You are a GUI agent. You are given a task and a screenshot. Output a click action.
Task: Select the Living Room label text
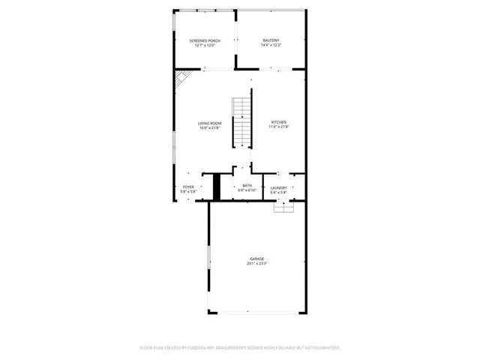tap(210, 123)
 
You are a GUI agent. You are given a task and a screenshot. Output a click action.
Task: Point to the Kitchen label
tap(278, 122)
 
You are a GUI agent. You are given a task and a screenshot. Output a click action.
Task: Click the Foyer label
tap(188, 187)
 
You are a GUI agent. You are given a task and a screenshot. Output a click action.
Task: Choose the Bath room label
tap(247, 185)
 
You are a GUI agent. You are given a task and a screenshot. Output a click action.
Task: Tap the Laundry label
tap(279, 187)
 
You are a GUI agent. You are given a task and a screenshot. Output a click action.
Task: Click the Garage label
tap(257, 259)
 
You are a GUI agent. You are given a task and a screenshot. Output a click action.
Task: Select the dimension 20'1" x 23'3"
tap(257, 264)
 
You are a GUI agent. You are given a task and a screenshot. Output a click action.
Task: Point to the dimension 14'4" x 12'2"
tap(271, 45)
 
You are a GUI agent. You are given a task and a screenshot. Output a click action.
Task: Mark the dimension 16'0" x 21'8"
tap(210, 128)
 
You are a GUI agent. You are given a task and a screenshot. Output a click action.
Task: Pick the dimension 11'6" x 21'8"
tap(278, 127)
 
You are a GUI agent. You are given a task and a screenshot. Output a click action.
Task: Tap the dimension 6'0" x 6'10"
tap(247, 191)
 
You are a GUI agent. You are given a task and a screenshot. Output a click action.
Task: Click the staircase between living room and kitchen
tap(241, 122)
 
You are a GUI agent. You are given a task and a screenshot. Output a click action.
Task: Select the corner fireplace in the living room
tap(182, 79)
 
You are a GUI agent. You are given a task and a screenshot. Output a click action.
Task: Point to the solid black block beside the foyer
tap(217, 187)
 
